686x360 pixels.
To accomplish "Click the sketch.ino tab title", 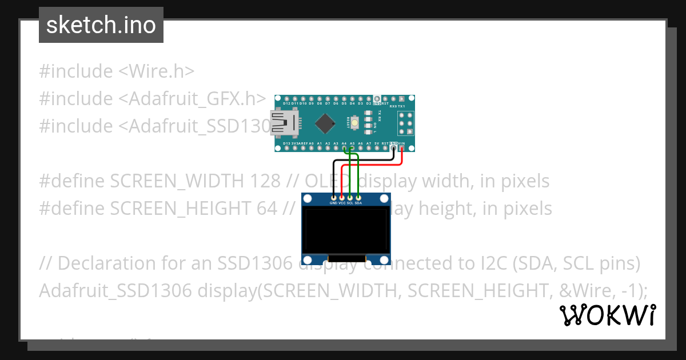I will click(x=101, y=25).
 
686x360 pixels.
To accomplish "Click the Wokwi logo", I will click(x=607, y=315).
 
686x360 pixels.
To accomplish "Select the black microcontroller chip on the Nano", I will click(x=325, y=122).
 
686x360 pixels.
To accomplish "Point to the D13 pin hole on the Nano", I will click(x=278, y=148).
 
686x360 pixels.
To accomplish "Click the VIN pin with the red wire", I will click(x=402, y=148).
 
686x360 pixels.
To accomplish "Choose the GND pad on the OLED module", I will click(x=333, y=198).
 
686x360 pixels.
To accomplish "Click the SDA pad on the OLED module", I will click(x=358, y=198).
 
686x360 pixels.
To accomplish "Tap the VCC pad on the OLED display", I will click(x=342, y=198).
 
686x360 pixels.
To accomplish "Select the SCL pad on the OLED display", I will click(x=350, y=198).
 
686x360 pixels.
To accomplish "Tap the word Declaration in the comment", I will click(x=106, y=263).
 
